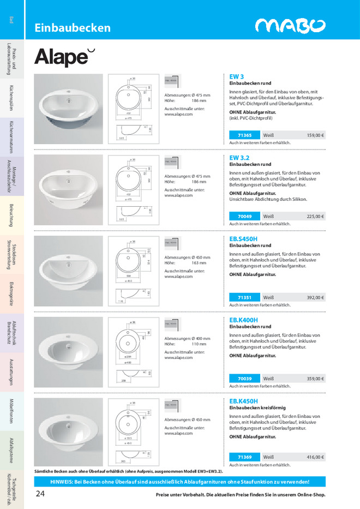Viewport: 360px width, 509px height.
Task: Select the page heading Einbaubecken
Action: coord(73,28)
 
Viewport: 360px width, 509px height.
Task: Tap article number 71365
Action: coord(244,135)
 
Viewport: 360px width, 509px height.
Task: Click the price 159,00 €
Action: coord(315,135)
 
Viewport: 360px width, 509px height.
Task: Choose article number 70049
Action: coord(244,216)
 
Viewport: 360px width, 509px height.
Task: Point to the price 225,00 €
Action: coord(315,216)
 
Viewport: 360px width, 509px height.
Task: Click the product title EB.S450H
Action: coord(243,239)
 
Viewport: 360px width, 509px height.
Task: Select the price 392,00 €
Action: coord(315,297)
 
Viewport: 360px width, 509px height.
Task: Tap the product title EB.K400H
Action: coord(243,320)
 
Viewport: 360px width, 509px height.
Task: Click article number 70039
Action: coord(244,378)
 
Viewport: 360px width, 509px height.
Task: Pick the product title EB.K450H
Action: coord(243,401)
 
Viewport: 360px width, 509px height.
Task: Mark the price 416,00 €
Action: coord(315,457)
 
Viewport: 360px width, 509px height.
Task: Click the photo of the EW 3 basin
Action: coord(68,109)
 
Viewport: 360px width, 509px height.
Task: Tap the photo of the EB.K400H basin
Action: coord(68,352)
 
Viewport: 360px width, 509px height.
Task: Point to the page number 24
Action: coord(40,494)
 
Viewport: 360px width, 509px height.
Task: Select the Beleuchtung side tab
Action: coord(11,215)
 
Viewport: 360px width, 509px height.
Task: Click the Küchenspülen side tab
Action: coord(11,97)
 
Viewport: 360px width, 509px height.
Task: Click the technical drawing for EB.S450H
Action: coord(131,271)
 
